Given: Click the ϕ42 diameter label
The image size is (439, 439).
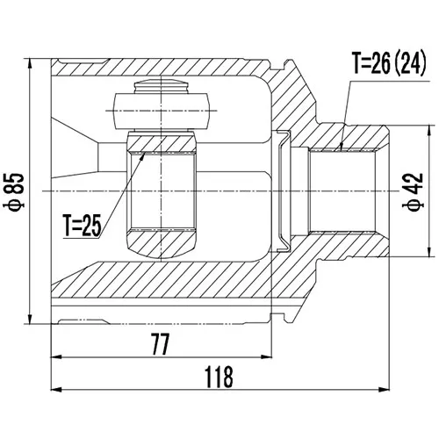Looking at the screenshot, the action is [x=413, y=191].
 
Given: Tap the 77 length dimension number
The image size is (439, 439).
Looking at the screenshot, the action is [x=161, y=344].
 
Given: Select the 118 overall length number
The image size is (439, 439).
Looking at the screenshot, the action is [x=219, y=377].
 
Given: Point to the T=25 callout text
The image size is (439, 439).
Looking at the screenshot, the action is [x=83, y=225].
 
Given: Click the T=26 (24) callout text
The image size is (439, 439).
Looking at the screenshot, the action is [x=389, y=63].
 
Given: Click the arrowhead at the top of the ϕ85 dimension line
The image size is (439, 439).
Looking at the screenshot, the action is [x=30, y=63].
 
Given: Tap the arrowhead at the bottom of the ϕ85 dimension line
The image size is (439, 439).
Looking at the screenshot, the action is [x=30, y=319].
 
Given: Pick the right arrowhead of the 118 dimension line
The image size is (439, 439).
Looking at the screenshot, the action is [x=384, y=390].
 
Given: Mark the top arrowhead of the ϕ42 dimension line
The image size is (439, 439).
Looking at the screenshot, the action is [x=429, y=131].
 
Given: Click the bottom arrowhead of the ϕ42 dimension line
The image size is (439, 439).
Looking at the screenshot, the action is [x=429, y=252].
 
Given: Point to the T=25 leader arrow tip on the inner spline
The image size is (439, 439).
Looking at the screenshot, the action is [x=145, y=153].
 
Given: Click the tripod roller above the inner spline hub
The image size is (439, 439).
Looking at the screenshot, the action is [x=162, y=111].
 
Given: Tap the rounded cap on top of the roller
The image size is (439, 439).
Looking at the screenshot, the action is [x=162, y=87].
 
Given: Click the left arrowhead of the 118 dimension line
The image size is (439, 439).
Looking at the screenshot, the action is [x=56, y=390].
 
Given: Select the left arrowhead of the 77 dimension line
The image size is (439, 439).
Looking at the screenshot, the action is [x=56, y=357].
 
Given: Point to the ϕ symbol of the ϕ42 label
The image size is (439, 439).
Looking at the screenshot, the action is [x=413, y=205].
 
